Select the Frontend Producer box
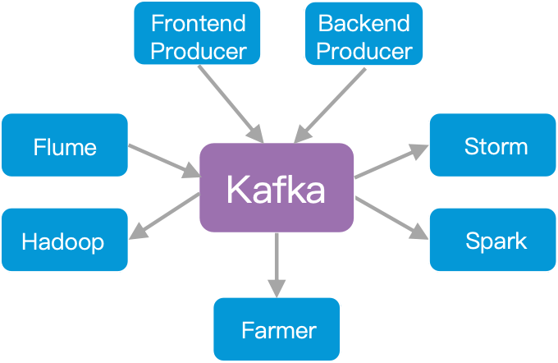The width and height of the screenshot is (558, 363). click(x=198, y=34)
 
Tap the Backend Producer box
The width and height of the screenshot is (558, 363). click(x=364, y=34)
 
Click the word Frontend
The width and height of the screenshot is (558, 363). click(x=198, y=22)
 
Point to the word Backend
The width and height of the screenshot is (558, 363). click(x=364, y=22)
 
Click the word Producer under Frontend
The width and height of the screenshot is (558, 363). click(x=198, y=50)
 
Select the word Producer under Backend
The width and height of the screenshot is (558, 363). click(x=364, y=50)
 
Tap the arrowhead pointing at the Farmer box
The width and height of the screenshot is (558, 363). click(x=277, y=287)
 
